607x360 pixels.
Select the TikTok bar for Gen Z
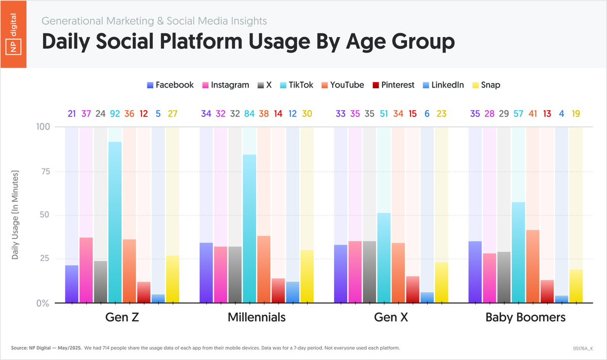tap(115, 223)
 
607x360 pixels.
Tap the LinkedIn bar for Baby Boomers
tap(561, 299)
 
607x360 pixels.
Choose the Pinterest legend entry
tap(393, 85)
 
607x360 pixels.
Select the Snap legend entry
tap(486, 85)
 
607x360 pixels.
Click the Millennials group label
tap(257, 318)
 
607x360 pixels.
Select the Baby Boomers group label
tap(525, 318)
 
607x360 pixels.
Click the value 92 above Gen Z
tap(115, 113)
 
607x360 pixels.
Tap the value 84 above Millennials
tap(250, 113)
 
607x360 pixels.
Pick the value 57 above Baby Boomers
tap(518, 113)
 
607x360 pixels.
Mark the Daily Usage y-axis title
tap(15, 215)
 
